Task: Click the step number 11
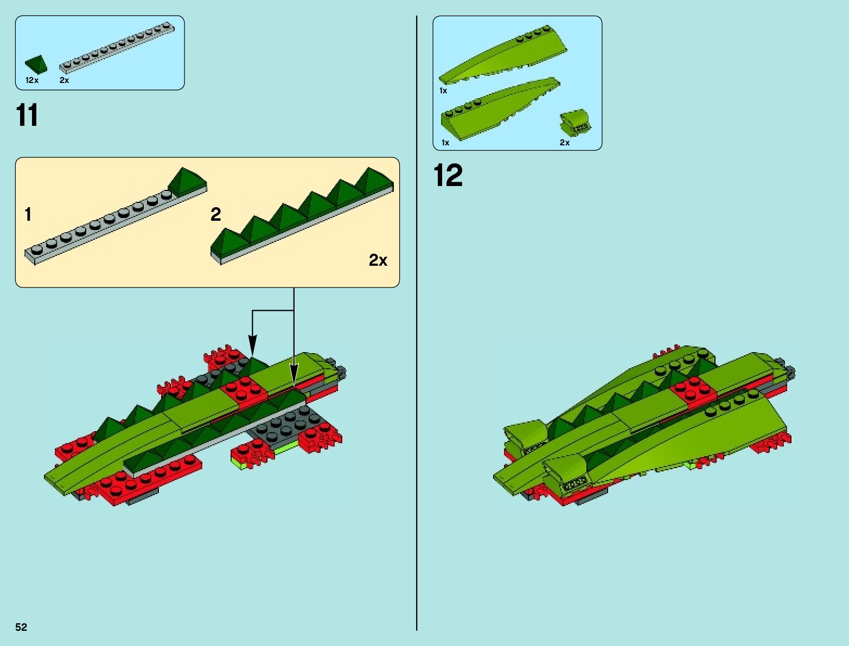pyautogui.click(x=27, y=116)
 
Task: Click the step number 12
pyautogui.click(x=448, y=176)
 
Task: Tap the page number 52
pyautogui.click(x=21, y=627)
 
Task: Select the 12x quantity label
pyautogui.click(x=32, y=80)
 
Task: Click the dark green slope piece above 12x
pyautogui.click(x=36, y=64)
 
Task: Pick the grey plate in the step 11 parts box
pyautogui.click(x=117, y=48)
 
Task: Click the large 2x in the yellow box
pyautogui.click(x=378, y=260)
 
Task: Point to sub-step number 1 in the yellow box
pyautogui.click(x=28, y=215)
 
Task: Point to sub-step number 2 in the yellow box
pyautogui.click(x=215, y=215)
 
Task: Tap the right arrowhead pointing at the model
pyautogui.click(x=293, y=374)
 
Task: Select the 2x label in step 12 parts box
pyautogui.click(x=565, y=143)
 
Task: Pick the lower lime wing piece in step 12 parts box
pyautogui.click(x=499, y=108)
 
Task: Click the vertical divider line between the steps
pyautogui.click(x=417, y=325)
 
